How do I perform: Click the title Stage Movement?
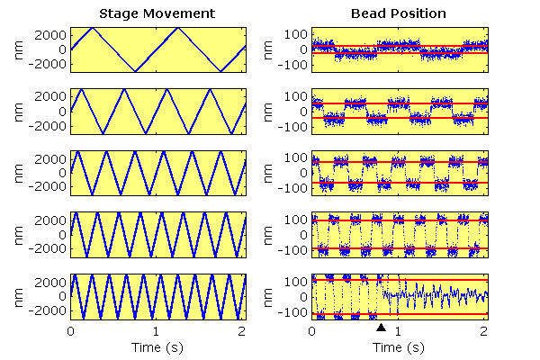(x=157, y=13)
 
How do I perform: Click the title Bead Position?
(x=399, y=13)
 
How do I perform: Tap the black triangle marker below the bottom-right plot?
(x=381, y=328)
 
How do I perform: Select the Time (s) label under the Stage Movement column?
(x=157, y=347)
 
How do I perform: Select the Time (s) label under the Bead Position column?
(x=399, y=347)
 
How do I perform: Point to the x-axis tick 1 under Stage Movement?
(x=157, y=331)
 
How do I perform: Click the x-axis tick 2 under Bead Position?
(x=484, y=331)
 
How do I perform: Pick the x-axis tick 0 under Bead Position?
(x=312, y=331)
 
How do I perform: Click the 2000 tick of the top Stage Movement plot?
(x=50, y=35)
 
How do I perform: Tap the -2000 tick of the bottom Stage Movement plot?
(x=47, y=310)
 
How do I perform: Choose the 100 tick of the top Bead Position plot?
(x=296, y=34)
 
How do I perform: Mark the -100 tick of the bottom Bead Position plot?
(x=292, y=313)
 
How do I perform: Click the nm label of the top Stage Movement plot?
(x=19, y=50)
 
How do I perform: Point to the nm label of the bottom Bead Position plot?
(x=267, y=297)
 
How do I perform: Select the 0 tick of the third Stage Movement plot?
(x=62, y=173)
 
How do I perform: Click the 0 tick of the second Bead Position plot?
(x=303, y=112)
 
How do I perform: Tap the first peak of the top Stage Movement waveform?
(x=93, y=28)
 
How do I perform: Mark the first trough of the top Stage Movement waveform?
(x=135, y=71)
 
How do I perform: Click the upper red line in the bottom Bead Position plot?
(x=400, y=280)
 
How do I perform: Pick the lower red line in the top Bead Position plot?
(x=400, y=53)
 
